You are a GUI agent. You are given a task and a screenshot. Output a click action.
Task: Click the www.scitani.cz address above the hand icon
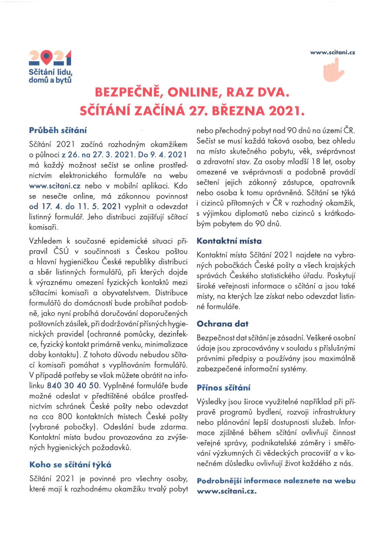[x=333, y=52]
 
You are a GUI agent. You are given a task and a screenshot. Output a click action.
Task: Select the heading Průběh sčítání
[x=58, y=130]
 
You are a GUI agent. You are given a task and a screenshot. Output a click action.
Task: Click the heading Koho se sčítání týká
[x=70, y=465]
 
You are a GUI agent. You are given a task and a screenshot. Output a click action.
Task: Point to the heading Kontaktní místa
[x=229, y=241]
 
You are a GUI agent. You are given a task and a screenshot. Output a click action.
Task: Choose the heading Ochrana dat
[x=222, y=324]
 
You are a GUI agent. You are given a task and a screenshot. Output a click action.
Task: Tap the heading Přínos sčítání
[x=223, y=388]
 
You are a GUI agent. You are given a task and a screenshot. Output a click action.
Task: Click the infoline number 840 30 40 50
[x=73, y=386]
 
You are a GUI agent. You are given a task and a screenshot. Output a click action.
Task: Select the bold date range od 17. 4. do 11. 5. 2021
[x=75, y=206]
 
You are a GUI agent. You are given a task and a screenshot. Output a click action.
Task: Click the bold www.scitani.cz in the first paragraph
[x=55, y=186]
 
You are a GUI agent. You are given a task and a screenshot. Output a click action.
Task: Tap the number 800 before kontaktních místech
[x=65, y=417]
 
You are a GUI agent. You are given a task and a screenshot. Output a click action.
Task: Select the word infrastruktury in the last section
[x=334, y=412]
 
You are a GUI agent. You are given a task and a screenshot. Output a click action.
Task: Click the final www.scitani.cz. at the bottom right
[x=227, y=491]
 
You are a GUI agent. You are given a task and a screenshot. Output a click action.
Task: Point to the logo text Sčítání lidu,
[x=51, y=73]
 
